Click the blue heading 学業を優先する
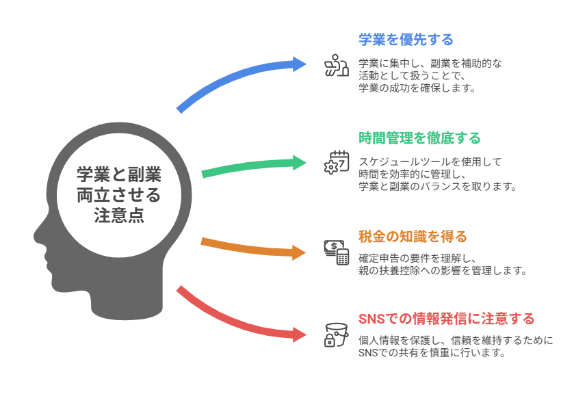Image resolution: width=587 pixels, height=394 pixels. point(406,40)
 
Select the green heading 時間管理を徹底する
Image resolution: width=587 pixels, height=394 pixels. point(419,138)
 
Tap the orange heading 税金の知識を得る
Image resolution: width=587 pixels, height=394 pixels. point(413,237)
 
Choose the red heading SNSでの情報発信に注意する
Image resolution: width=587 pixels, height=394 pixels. point(446,319)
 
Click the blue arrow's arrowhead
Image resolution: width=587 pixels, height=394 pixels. point(301,64)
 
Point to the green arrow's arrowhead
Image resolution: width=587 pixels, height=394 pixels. point(301,163)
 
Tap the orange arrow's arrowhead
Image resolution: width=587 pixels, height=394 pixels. point(301,252)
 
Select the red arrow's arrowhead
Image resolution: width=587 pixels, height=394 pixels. point(301,335)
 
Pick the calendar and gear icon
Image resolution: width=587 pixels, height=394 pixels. point(336,162)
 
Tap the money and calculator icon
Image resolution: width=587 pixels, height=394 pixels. point(336,252)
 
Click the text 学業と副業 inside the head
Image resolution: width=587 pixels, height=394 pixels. point(119,175)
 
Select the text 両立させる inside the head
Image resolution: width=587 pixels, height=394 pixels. point(119,196)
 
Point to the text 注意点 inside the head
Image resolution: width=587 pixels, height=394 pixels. point(119,215)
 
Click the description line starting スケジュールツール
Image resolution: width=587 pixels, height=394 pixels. point(430,162)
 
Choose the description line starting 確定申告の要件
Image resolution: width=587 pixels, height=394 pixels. point(423,258)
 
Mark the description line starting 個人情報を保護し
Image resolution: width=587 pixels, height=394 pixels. point(455,340)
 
